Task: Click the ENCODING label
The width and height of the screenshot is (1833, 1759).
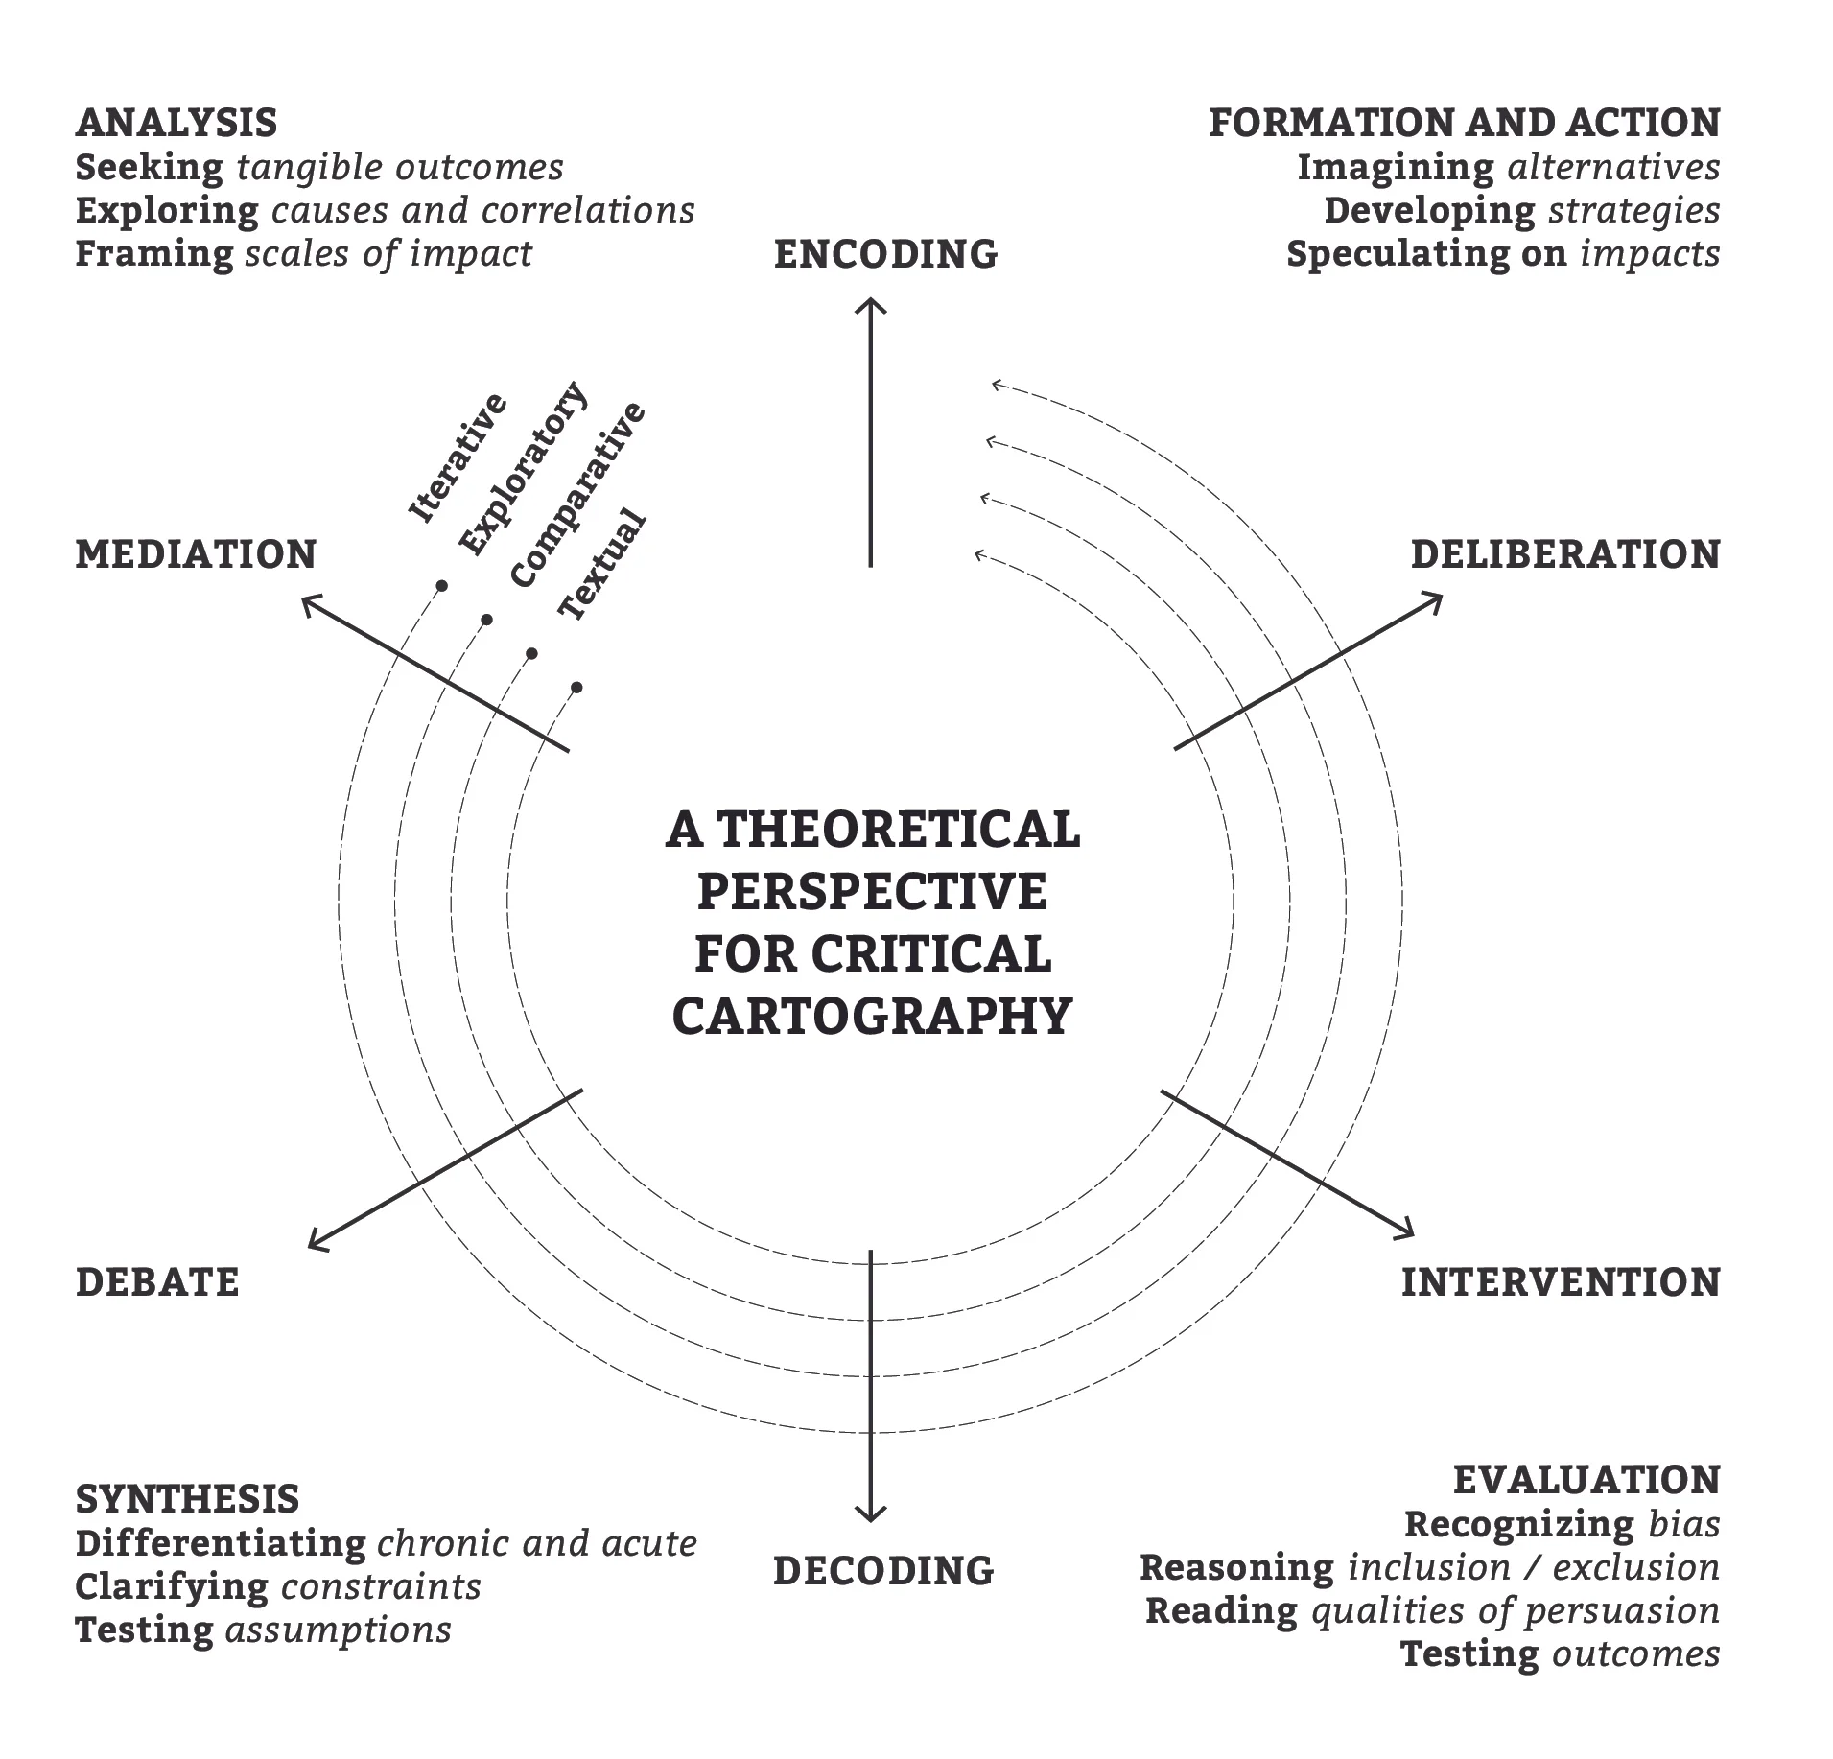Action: coord(885,254)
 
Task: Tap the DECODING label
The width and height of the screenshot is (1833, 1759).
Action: coord(883,1570)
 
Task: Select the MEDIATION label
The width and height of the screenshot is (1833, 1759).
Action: coord(196,554)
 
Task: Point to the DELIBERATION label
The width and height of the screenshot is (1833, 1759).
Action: coord(1565,554)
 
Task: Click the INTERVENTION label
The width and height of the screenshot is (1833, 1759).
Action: coord(1561,1282)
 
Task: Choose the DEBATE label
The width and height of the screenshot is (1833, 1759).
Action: coord(157,1282)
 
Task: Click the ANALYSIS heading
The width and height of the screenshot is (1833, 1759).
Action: coord(176,123)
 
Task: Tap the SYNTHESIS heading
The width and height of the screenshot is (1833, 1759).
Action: coord(187,1499)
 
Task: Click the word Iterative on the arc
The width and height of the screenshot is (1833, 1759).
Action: coord(457,458)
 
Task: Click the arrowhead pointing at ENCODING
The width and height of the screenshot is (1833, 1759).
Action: coord(871,305)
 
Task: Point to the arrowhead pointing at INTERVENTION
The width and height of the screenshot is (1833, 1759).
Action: coord(1408,1231)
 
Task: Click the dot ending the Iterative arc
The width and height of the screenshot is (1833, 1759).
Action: coord(441,585)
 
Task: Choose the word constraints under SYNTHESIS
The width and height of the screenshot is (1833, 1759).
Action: coord(381,1586)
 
